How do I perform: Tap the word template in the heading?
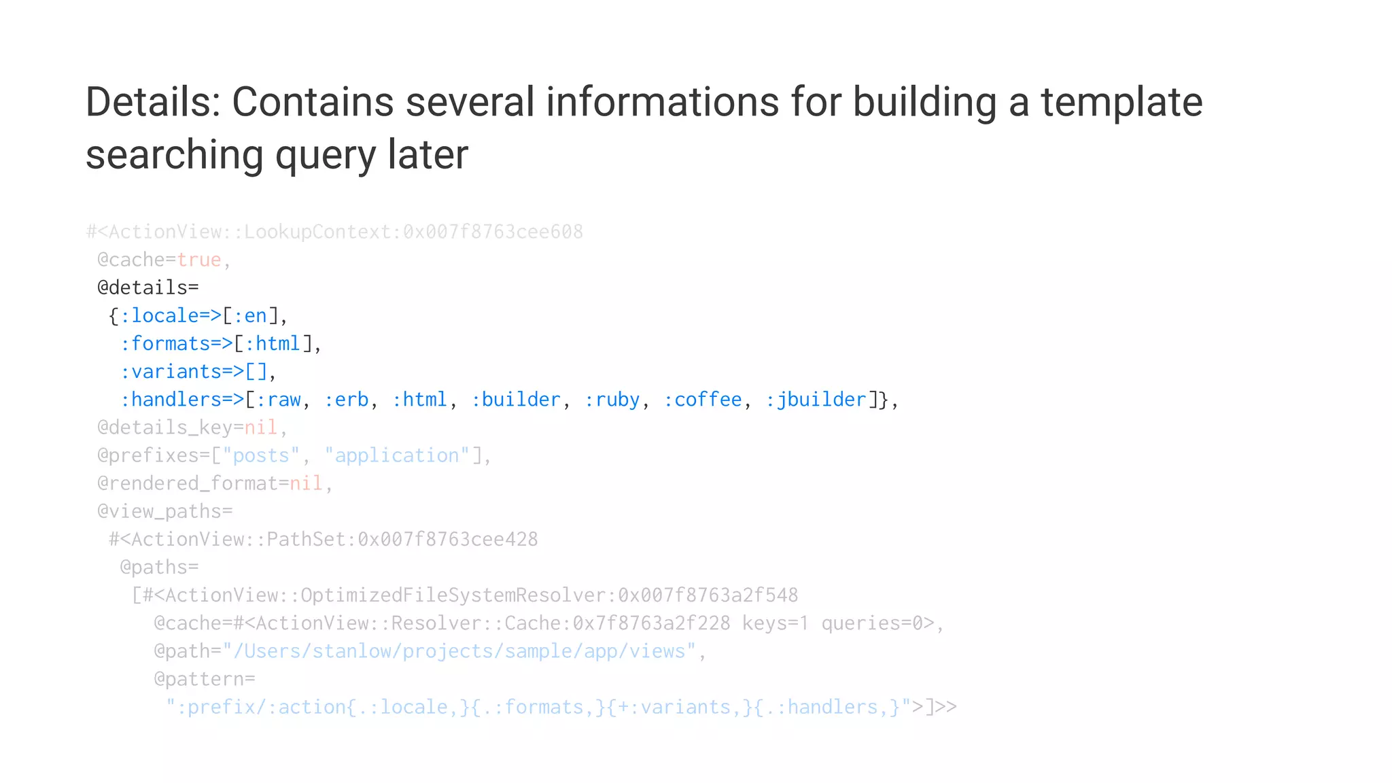[x=1121, y=102]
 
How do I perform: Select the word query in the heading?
[x=326, y=155]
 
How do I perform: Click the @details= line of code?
[x=148, y=288]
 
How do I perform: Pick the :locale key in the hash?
[x=160, y=315]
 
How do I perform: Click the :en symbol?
[x=250, y=315]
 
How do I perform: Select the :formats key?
[x=165, y=343]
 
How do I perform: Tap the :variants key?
[x=171, y=371]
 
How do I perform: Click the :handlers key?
[x=171, y=399]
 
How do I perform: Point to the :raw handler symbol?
[x=278, y=399]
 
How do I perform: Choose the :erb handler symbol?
[x=346, y=399]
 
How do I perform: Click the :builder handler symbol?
[x=516, y=399]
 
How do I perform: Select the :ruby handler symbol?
[x=612, y=399]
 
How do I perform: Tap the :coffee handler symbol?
[x=702, y=399]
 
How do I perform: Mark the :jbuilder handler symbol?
[x=816, y=399]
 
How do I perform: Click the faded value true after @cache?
[x=199, y=260]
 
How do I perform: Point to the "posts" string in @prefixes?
[x=261, y=455]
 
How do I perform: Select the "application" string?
[x=397, y=455]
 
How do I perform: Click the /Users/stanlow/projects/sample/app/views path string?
[x=459, y=651]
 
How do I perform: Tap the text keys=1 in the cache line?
[x=776, y=623]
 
